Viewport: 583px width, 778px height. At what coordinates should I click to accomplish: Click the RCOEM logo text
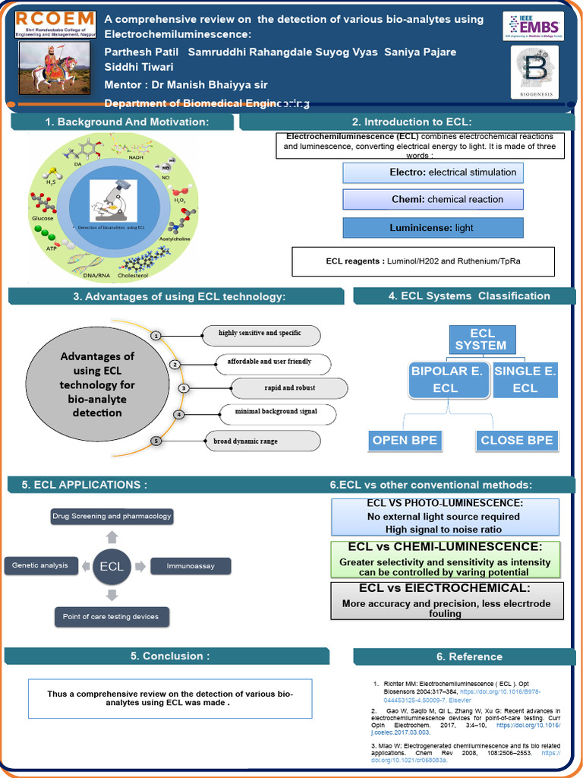55,18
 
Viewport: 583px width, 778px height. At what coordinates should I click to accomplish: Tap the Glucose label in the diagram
43,218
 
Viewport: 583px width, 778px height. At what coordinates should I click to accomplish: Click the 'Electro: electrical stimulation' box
433,172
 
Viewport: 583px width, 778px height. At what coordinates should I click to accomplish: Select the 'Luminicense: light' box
433,227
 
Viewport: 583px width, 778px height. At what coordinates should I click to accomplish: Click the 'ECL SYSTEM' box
481,340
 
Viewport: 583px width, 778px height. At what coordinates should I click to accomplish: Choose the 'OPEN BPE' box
404,440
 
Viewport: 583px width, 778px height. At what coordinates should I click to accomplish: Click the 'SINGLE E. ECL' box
525,379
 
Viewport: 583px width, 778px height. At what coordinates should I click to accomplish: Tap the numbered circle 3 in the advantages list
183,388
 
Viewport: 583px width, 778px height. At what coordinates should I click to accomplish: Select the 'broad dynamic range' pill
262,441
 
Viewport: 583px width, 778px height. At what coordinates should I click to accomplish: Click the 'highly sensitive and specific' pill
260,334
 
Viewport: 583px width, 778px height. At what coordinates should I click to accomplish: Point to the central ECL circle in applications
112,565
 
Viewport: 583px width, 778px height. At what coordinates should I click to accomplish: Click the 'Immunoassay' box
190,566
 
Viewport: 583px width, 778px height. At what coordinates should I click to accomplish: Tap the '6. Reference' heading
468,656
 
